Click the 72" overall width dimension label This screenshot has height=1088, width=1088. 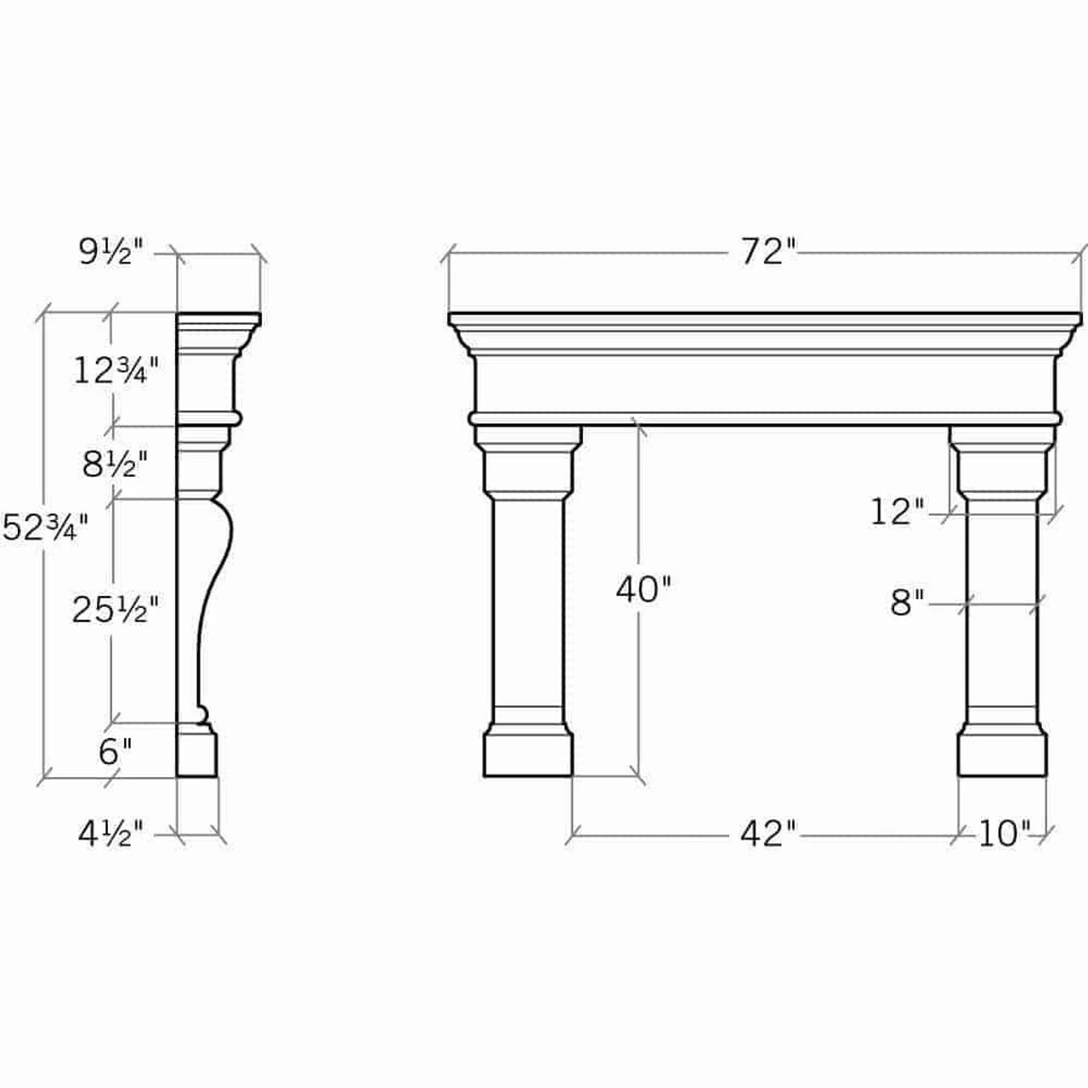[767, 252]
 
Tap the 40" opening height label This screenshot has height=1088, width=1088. [643, 589]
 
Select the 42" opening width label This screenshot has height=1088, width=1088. [768, 834]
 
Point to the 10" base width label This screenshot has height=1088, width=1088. [1004, 834]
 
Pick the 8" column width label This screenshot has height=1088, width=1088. [907, 603]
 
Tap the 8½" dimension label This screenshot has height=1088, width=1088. [116, 464]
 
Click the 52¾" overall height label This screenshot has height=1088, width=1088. [45, 528]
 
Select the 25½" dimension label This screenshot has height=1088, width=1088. [115, 609]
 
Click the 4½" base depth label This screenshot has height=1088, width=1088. [111, 834]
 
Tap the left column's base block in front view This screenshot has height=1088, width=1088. [528, 753]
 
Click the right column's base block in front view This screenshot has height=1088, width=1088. [1002, 753]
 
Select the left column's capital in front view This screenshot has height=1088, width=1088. [528, 463]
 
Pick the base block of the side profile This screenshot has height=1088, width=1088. [196, 755]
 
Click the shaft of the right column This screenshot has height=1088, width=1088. [1002, 603]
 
